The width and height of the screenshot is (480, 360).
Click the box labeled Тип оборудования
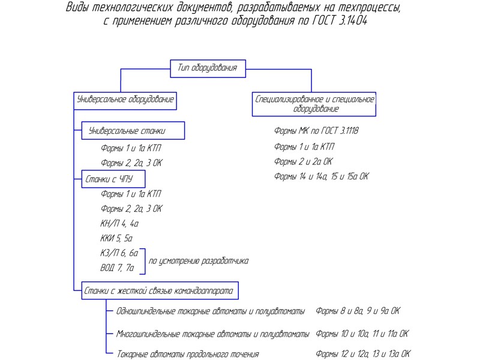pyautogui.click(x=208, y=68)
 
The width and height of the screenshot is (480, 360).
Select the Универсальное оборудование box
pyautogui.click(x=126, y=100)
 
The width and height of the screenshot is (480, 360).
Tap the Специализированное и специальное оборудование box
pyautogui.click(x=315, y=104)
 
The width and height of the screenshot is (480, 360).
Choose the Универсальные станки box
pyautogui.click(x=133, y=131)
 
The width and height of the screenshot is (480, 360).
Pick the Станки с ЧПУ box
pyautogui.click(x=113, y=178)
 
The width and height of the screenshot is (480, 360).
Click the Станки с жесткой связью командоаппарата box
pyautogui.click(x=161, y=292)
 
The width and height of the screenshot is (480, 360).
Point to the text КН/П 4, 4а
pyautogui.click(x=120, y=224)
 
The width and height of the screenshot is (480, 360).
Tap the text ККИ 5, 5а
pyautogui.click(x=116, y=238)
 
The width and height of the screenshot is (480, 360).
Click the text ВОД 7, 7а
pyautogui.click(x=118, y=268)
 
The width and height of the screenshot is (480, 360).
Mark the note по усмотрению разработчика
pyautogui.click(x=199, y=261)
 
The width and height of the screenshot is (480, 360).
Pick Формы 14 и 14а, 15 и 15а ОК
pyautogui.click(x=321, y=176)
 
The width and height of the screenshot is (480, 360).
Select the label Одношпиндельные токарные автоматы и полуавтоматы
pyautogui.click(x=211, y=311)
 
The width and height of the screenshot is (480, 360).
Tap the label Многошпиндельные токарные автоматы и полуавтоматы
pyautogui.click(x=213, y=334)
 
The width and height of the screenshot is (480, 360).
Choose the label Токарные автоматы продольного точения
pyautogui.click(x=187, y=354)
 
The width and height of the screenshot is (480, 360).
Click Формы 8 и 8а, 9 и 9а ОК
pyautogui.click(x=358, y=311)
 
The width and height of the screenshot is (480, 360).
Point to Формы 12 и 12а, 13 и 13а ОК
pyautogui.click(x=363, y=354)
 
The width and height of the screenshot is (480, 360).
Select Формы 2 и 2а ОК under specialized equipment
pyautogui.click(x=303, y=162)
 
